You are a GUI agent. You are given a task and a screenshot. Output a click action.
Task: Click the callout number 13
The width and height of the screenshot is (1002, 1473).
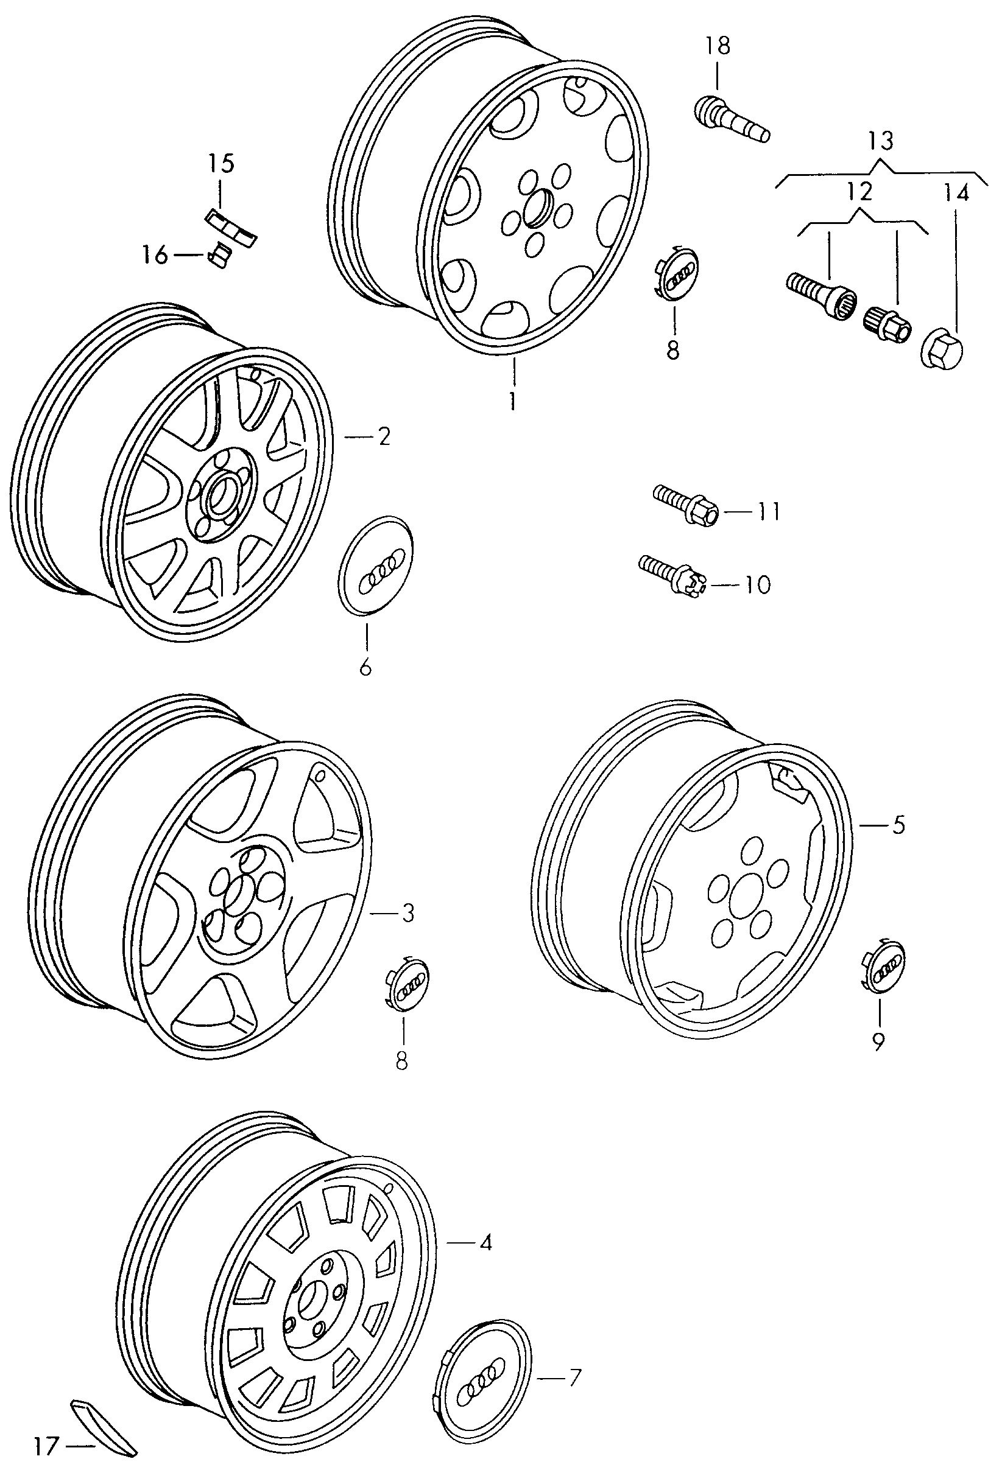(x=881, y=139)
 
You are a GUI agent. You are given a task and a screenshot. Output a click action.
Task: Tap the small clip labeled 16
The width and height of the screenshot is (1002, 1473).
(x=220, y=256)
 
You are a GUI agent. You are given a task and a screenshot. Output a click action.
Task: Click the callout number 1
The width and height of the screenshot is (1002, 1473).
(x=512, y=401)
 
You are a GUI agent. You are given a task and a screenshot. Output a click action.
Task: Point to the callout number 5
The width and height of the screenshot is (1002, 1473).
(x=898, y=827)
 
